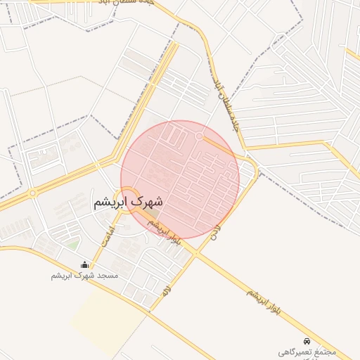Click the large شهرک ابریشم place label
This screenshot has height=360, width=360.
(x=128, y=202)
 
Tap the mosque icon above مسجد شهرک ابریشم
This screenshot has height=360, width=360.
(x=85, y=265)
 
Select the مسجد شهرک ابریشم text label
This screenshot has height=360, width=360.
(x=85, y=276)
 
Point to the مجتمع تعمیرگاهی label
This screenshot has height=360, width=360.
(x=307, y=351)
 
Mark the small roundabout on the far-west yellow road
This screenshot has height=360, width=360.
(x=32, y=193)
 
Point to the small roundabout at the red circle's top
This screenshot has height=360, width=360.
(x=200, y=135)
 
